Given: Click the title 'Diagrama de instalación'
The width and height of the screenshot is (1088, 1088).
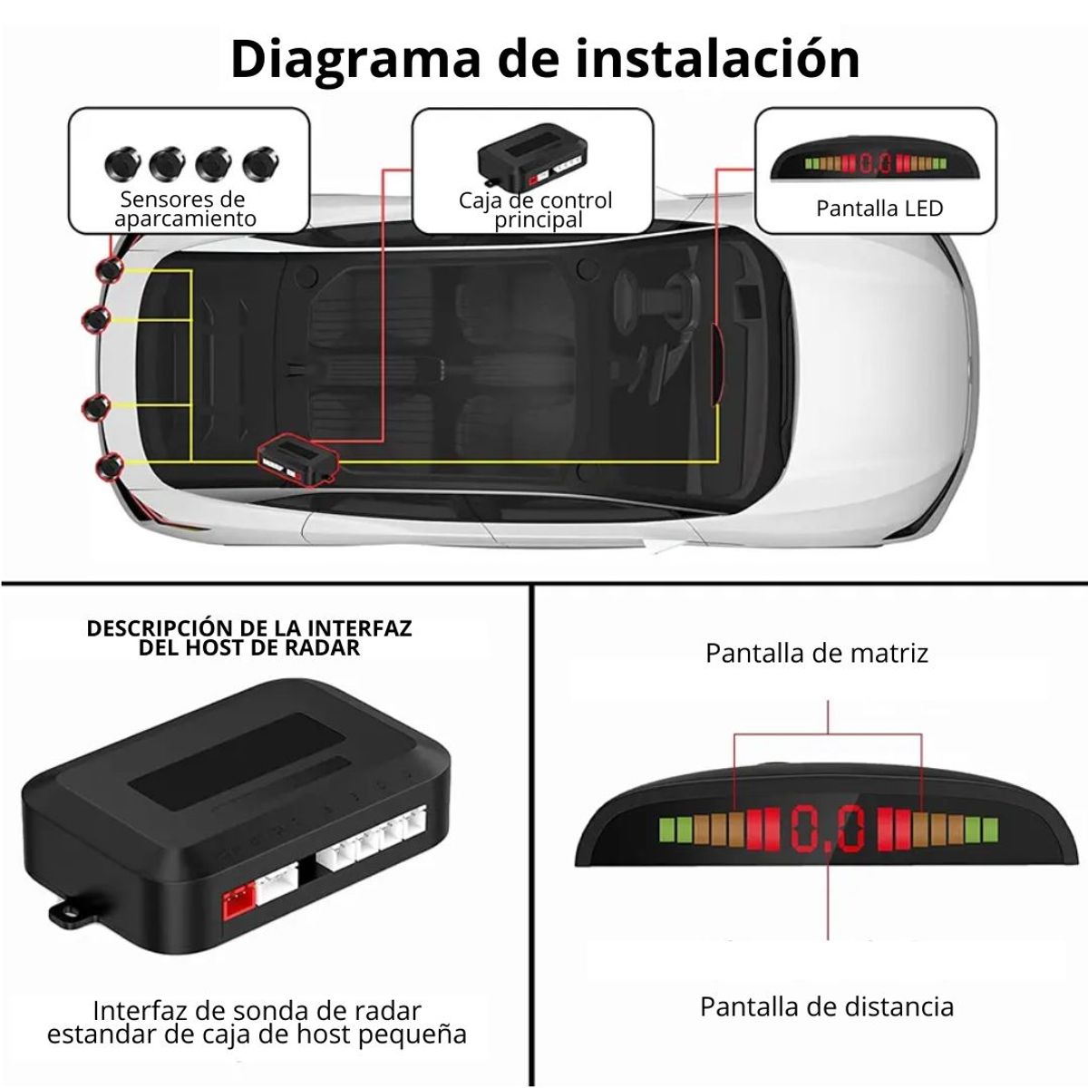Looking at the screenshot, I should (544, 60).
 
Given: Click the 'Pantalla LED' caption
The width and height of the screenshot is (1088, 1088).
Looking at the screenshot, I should (879, 209).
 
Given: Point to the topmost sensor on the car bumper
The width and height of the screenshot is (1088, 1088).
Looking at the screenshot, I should (112, 269).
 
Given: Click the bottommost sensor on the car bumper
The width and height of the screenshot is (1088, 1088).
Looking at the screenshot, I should (110, 466).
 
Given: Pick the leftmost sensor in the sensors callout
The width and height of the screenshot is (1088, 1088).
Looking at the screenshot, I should (121, 164).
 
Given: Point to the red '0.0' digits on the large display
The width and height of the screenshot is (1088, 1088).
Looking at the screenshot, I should (828, 828).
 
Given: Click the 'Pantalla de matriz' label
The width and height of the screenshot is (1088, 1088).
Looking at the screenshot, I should (816, 653).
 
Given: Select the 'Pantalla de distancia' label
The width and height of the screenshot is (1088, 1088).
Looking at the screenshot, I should (826, 1006).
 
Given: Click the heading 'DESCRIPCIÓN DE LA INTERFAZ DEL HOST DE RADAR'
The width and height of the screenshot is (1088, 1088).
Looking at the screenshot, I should (249, 637).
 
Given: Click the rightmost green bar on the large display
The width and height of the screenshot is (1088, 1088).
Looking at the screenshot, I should (990, 828).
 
